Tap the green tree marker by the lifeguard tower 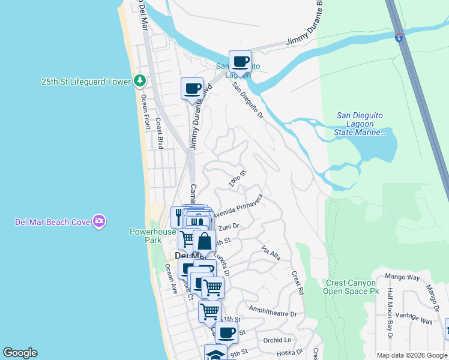click(140, 80)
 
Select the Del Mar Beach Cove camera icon click(99, 222)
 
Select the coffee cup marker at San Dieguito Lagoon click(240, 61)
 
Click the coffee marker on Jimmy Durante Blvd click(193, 89)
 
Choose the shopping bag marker click(204, 242)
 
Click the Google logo click(20, 353)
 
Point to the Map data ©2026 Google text click(412, 355)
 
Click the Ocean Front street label click(145, 114)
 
